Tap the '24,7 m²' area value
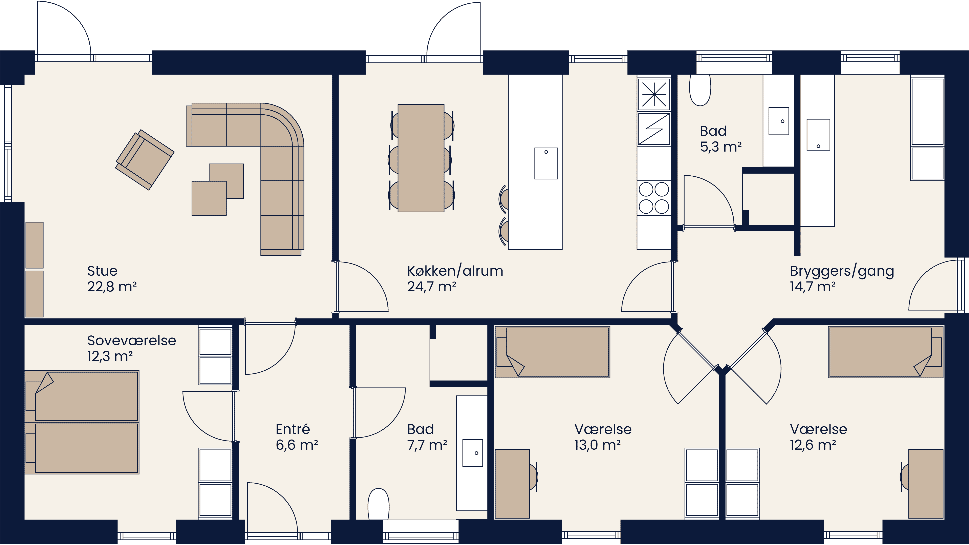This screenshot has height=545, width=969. (431, 287)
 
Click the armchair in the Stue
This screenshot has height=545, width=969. (145, 160)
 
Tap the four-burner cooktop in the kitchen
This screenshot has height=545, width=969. (654, 198)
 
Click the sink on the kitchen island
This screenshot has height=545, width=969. (546, 163)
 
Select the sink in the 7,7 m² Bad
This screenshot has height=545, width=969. (472, 453)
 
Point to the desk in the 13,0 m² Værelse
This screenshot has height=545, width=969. (512, 484)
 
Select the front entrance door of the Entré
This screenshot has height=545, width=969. (272, 508)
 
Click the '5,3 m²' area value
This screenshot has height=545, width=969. (720, 147)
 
